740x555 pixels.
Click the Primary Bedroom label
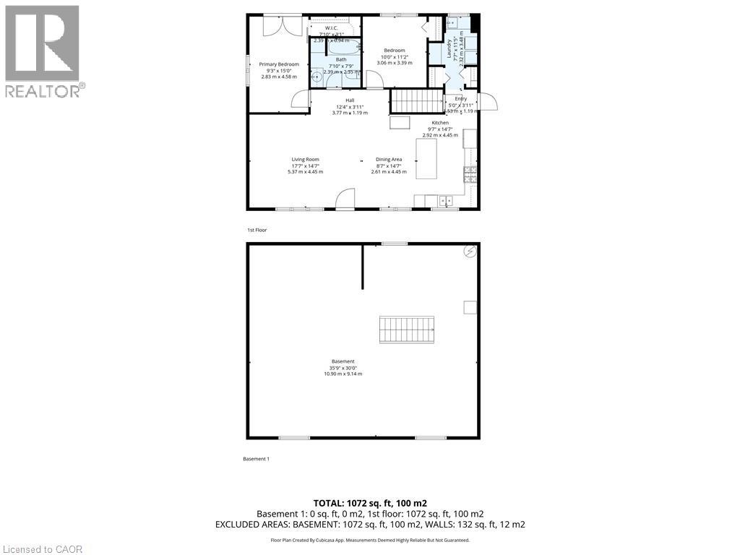pos(279,64)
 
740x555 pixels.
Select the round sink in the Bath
pos(317,76)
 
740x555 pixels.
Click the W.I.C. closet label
pos(332,28)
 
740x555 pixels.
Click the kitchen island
pos(426,158)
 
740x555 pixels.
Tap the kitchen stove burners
pos(470,173)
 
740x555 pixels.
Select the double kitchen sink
pos(439,200)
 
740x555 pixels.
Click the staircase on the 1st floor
pos(416,100)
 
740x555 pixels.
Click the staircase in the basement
pos(407,330)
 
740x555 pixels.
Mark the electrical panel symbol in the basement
pos(470,251)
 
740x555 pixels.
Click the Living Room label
pos(305,159)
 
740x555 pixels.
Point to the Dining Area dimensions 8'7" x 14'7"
pos(389,165)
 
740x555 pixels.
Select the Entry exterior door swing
pos(488,102)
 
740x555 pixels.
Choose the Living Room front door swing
pos(345,198)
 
